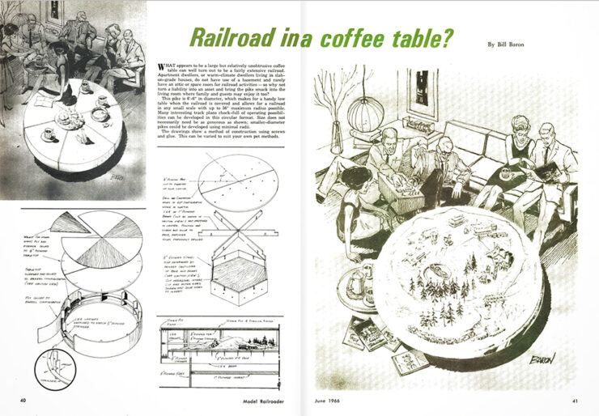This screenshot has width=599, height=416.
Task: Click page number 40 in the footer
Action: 23,400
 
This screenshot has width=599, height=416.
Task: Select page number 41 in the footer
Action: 573,400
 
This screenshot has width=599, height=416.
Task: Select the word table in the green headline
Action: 416,39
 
